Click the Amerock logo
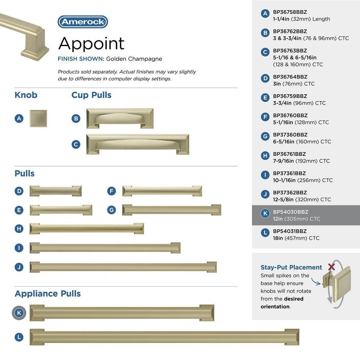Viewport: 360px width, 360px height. [x=83, y=22]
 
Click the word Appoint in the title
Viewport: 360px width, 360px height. [x=91, y=44]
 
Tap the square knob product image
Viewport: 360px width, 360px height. [x=38, y=118]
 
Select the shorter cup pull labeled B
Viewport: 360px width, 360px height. [x=120, y=118]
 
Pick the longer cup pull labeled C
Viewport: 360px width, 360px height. [x=138, y=144]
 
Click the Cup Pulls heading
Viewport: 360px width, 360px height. [x=91, y=95]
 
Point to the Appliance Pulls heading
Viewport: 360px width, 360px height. [x=48, y=293]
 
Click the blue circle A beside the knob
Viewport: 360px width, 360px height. [x=19, y=118]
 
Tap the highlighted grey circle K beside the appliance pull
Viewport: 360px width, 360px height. [x=19, y=313]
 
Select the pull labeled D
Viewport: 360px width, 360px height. [x=55, y=191]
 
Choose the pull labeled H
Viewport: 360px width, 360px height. [x=87, y=229]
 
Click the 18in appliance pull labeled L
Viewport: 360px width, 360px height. [x=165, y=337]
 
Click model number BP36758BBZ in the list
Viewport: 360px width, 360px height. [x=290, y=12]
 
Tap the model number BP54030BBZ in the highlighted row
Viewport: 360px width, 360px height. [x=291, y=212]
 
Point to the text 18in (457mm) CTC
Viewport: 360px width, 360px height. [x=296, y=238]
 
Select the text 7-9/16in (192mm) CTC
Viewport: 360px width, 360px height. [x=301, y=161]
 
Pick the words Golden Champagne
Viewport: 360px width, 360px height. [x=134, y=59]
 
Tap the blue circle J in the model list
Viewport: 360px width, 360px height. [x=265, y=194]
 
